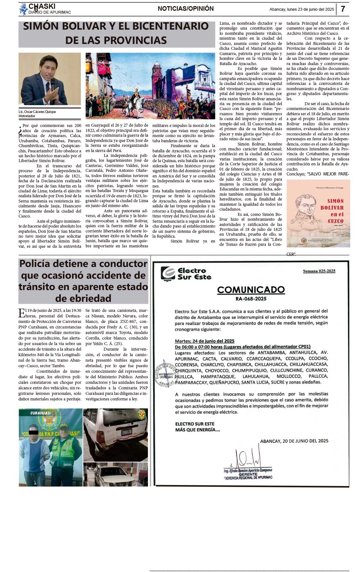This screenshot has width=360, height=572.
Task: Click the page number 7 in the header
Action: click(x=343, y=9)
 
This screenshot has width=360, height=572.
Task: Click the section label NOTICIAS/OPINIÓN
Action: click(x=186, y=9)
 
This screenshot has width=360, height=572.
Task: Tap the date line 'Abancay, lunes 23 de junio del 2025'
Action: click(x=301, y=9)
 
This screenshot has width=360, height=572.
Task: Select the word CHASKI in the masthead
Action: click(x=42, y=6)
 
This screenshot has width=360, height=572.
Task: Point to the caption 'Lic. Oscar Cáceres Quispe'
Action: click(x=37, y=112)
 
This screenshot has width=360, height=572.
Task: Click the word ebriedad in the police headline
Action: click(x=83, y=298)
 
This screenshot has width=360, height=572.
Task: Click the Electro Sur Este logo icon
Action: click(x=168, y=274)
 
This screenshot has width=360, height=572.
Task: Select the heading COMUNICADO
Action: click(x=251, y=289)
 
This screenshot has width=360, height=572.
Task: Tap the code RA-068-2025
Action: click(x=251, y=299)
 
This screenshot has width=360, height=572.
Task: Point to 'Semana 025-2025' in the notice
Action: click(x=319, y=271)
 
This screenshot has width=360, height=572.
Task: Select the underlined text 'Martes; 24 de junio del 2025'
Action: click(x=205, y=341)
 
